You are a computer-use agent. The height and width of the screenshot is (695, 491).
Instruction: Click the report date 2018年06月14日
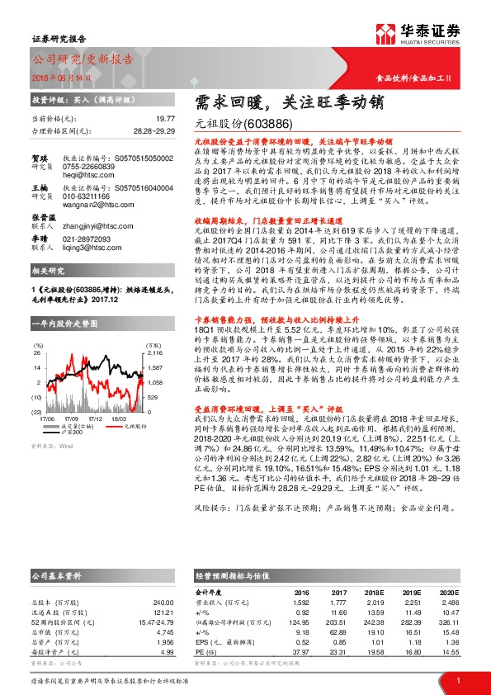pos(58,76)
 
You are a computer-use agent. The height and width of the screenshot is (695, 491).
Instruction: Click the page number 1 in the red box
pos(458,680)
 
